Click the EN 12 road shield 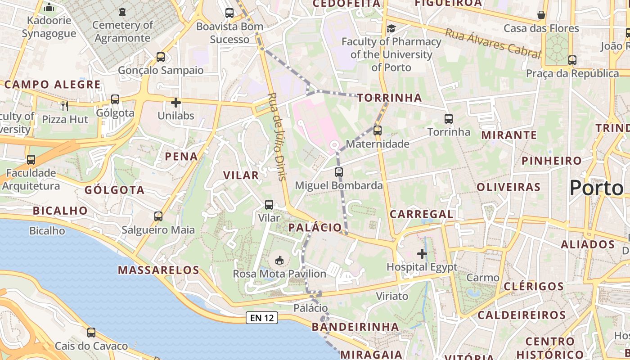point(262,318)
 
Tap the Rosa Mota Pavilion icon point(279,260)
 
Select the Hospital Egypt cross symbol point(422,254)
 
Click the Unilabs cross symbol point(176,103)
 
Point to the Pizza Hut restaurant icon point(65,106)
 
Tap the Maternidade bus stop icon point(377,130)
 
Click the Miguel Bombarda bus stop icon point(339,172)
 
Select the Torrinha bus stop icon point(448,119)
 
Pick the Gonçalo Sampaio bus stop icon point(161,57)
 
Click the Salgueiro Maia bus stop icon point(158,216)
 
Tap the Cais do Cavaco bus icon point(91,333)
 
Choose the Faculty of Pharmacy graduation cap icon point(391,29)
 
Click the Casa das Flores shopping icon point(541,15)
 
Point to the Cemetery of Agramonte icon point(122,12)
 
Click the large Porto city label point(596,188)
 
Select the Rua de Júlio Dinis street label point(277,136)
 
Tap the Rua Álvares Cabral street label point(492,43)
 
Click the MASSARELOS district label point(158,270)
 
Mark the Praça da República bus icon point(572,60)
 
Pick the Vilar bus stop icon point(269,205)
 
